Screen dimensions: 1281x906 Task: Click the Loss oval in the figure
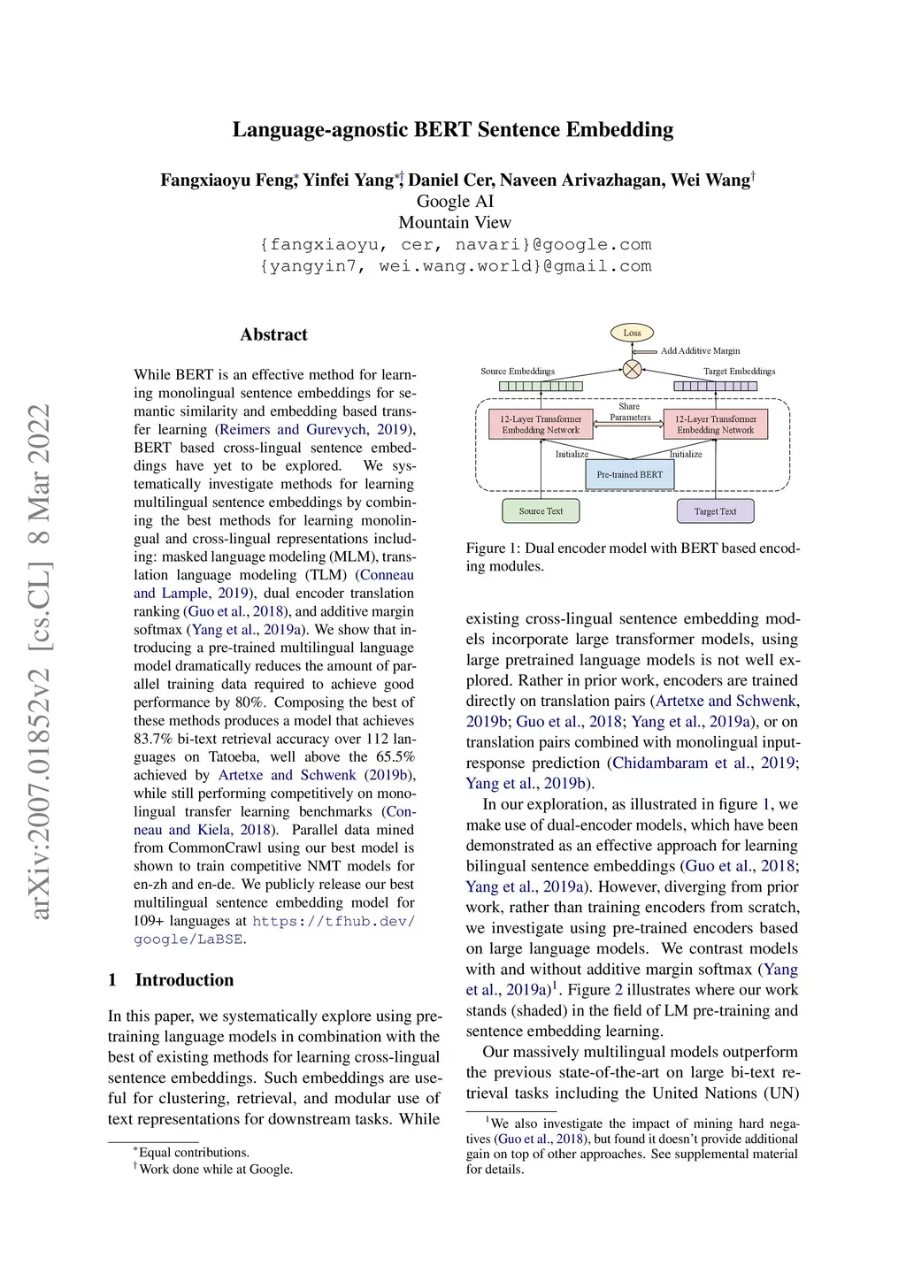(632, 333)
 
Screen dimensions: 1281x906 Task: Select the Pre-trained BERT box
(629, 474)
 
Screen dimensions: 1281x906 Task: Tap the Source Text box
(541, 510)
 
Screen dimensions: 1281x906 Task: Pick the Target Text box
(715, 510)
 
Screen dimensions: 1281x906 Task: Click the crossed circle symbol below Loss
(632, 369)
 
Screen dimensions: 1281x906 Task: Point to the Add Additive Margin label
(700, 350)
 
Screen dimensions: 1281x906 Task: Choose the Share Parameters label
(630, 412)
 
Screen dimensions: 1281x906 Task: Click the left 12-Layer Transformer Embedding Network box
(541, 425)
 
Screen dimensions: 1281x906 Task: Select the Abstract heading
(273, 334)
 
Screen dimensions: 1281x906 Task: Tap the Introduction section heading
(184, 979)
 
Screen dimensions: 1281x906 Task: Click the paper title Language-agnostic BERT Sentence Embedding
(453, 130)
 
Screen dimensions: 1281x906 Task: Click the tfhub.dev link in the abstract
(334, 921)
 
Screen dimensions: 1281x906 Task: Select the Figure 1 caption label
(493, 548)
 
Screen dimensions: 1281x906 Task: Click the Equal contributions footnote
(193, 1152)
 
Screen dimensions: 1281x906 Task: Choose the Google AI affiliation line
(455, 202)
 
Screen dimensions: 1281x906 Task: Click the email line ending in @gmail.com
(455, 266)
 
